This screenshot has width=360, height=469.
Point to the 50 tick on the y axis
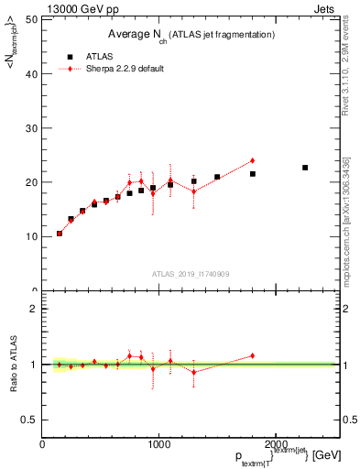(x=32, y=19)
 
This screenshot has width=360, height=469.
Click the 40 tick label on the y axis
(x=32, y=74)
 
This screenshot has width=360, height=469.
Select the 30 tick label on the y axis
(x=32, y=128)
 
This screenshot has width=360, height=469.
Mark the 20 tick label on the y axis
(x=32, y=182)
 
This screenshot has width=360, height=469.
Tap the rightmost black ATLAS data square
(x=305, y=168)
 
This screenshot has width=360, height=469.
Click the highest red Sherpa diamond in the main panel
(x=252, y=160)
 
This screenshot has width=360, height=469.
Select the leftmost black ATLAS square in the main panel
(x=60, y=234)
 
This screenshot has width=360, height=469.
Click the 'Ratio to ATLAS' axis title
(x=12, y=365)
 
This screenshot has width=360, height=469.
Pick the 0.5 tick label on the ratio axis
(x=29, y=420)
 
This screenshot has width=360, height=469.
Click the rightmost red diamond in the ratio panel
(x=252, y=355)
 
